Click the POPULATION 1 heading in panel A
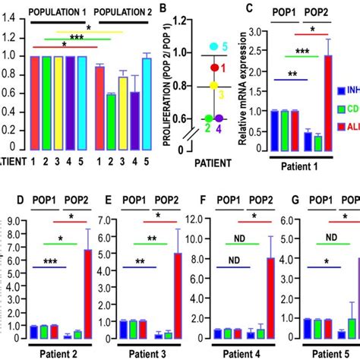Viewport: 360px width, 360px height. click(58, 11)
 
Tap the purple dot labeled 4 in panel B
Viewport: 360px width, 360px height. click(219, 118)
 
